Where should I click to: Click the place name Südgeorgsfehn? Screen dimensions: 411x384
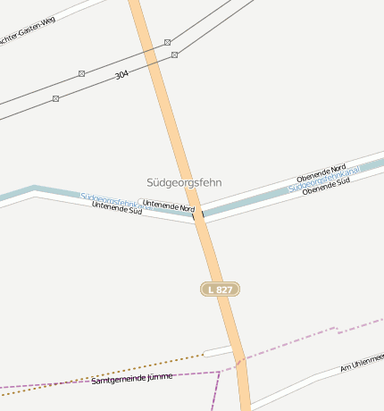coord(184,182)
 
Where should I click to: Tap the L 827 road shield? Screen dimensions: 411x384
coord(220,289)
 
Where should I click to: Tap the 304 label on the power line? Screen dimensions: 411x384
coord(121,75)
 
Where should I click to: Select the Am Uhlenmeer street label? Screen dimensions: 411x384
coord(362,362)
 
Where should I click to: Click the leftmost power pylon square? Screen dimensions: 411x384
coord(55,98)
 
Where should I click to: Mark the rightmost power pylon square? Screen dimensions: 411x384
coord(174,55)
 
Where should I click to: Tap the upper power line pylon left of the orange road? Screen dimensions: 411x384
coord(81,73)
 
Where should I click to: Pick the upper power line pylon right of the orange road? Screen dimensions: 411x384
coord(167,42)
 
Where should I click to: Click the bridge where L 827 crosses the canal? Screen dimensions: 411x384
coord(198,214)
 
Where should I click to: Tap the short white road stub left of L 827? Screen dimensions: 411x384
coord(217,350)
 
